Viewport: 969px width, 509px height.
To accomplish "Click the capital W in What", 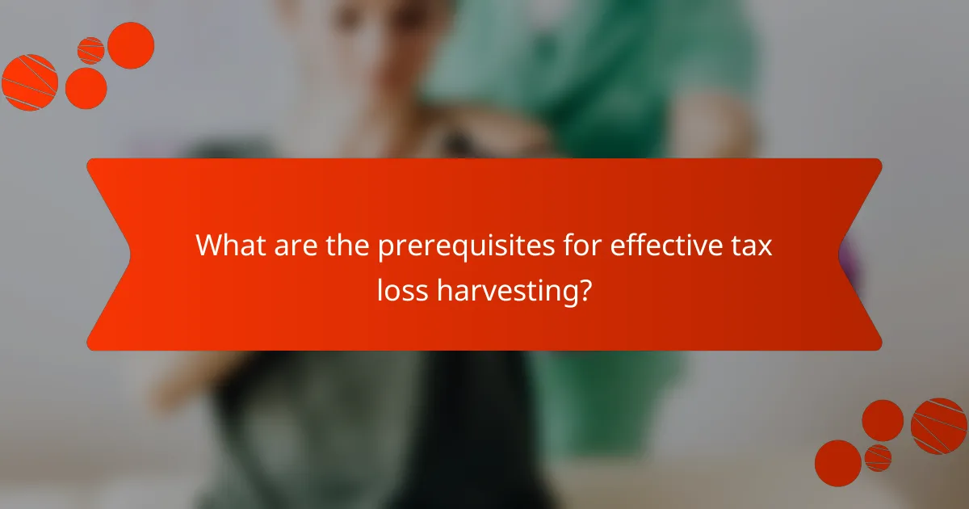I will coord(212,246).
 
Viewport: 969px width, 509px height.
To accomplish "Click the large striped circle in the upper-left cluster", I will coord(30,82).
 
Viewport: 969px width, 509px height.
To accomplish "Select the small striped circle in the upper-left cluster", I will coord(91,51).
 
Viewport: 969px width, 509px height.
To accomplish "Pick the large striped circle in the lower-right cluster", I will coord(939,426).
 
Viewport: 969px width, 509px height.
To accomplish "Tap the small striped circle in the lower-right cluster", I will coord(878,457).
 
